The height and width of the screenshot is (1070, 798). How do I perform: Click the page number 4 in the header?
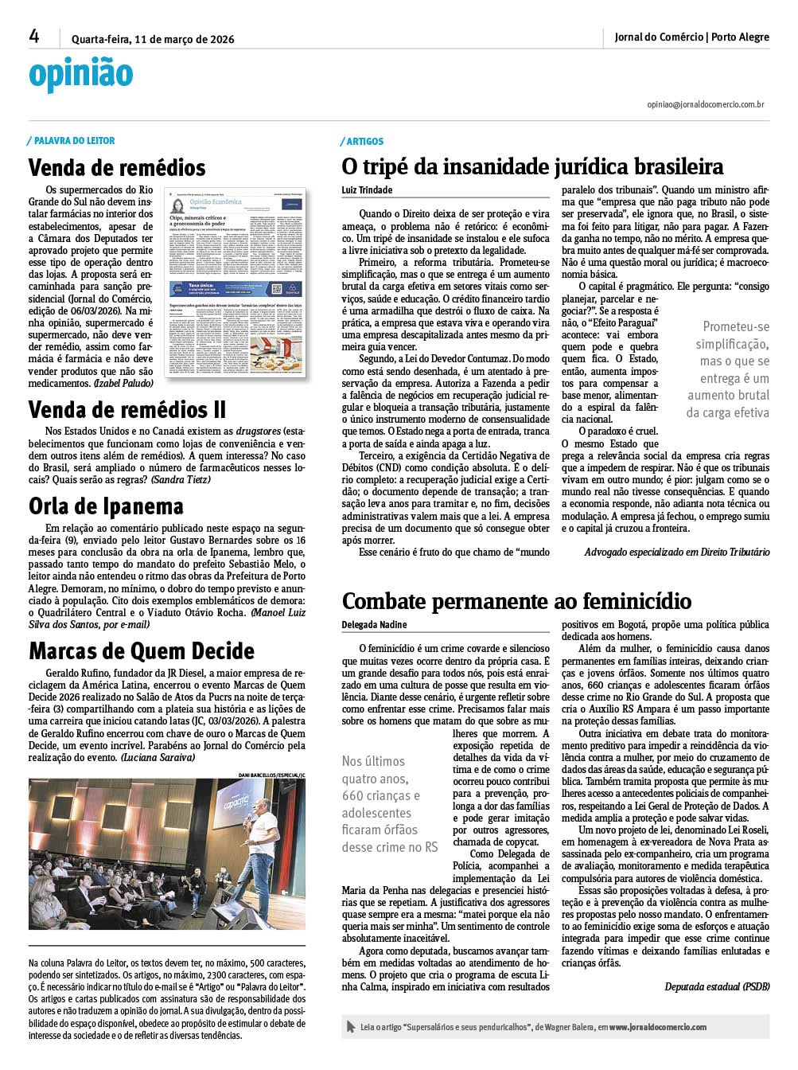pos(34,37)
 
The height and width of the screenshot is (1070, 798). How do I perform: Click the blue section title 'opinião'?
pos(80,75)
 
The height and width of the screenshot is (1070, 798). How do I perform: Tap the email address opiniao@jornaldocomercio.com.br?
pos(706,104)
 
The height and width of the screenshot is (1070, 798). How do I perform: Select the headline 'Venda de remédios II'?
pos(127,410)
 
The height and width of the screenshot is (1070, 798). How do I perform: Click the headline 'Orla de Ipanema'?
pos(106,506)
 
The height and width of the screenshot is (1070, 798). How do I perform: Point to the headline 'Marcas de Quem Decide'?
pos(142,651)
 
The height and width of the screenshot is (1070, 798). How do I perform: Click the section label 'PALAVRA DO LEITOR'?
pos(74,141)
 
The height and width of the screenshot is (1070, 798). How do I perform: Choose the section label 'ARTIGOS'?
pos(364,142)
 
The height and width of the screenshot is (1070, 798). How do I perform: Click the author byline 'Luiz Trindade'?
pos(367,190)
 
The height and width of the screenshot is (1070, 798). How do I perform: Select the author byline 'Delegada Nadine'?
pos(374,625)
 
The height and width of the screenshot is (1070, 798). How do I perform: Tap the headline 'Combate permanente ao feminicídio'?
pos(516,601)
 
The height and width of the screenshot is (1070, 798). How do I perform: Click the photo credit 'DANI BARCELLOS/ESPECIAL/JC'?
pos(271,775)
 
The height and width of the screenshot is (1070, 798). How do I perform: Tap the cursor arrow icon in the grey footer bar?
pos(351,1027)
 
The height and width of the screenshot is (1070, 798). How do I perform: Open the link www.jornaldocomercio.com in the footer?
pos(658,1027)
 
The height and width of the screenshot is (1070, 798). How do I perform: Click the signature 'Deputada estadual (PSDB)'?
pos(717,987)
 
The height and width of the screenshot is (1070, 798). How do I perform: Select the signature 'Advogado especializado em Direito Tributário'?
pos(676,552)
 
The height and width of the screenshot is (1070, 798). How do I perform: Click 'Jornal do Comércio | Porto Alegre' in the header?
pos(691,37)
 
